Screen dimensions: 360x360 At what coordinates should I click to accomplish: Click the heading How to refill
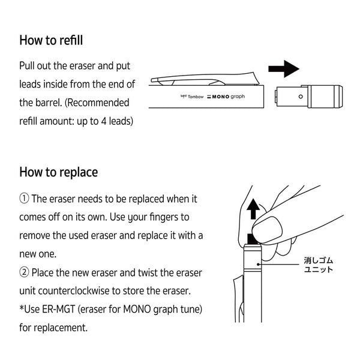coord(51,41)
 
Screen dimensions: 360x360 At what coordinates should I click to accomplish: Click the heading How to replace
coord(58,172)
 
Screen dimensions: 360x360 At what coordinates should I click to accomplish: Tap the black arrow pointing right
coord(283,68)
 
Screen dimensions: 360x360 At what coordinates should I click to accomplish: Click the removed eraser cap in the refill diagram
coord(308,97)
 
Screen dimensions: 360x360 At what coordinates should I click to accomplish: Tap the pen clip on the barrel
coord(204,79)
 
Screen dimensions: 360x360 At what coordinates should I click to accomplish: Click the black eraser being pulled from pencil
coord(253,239)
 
